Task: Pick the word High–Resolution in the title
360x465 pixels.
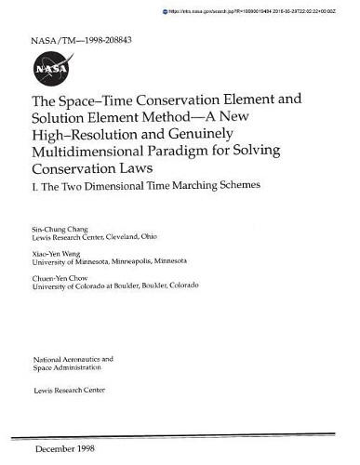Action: coord(87,135)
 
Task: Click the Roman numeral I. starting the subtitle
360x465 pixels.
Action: coord(35,186)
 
